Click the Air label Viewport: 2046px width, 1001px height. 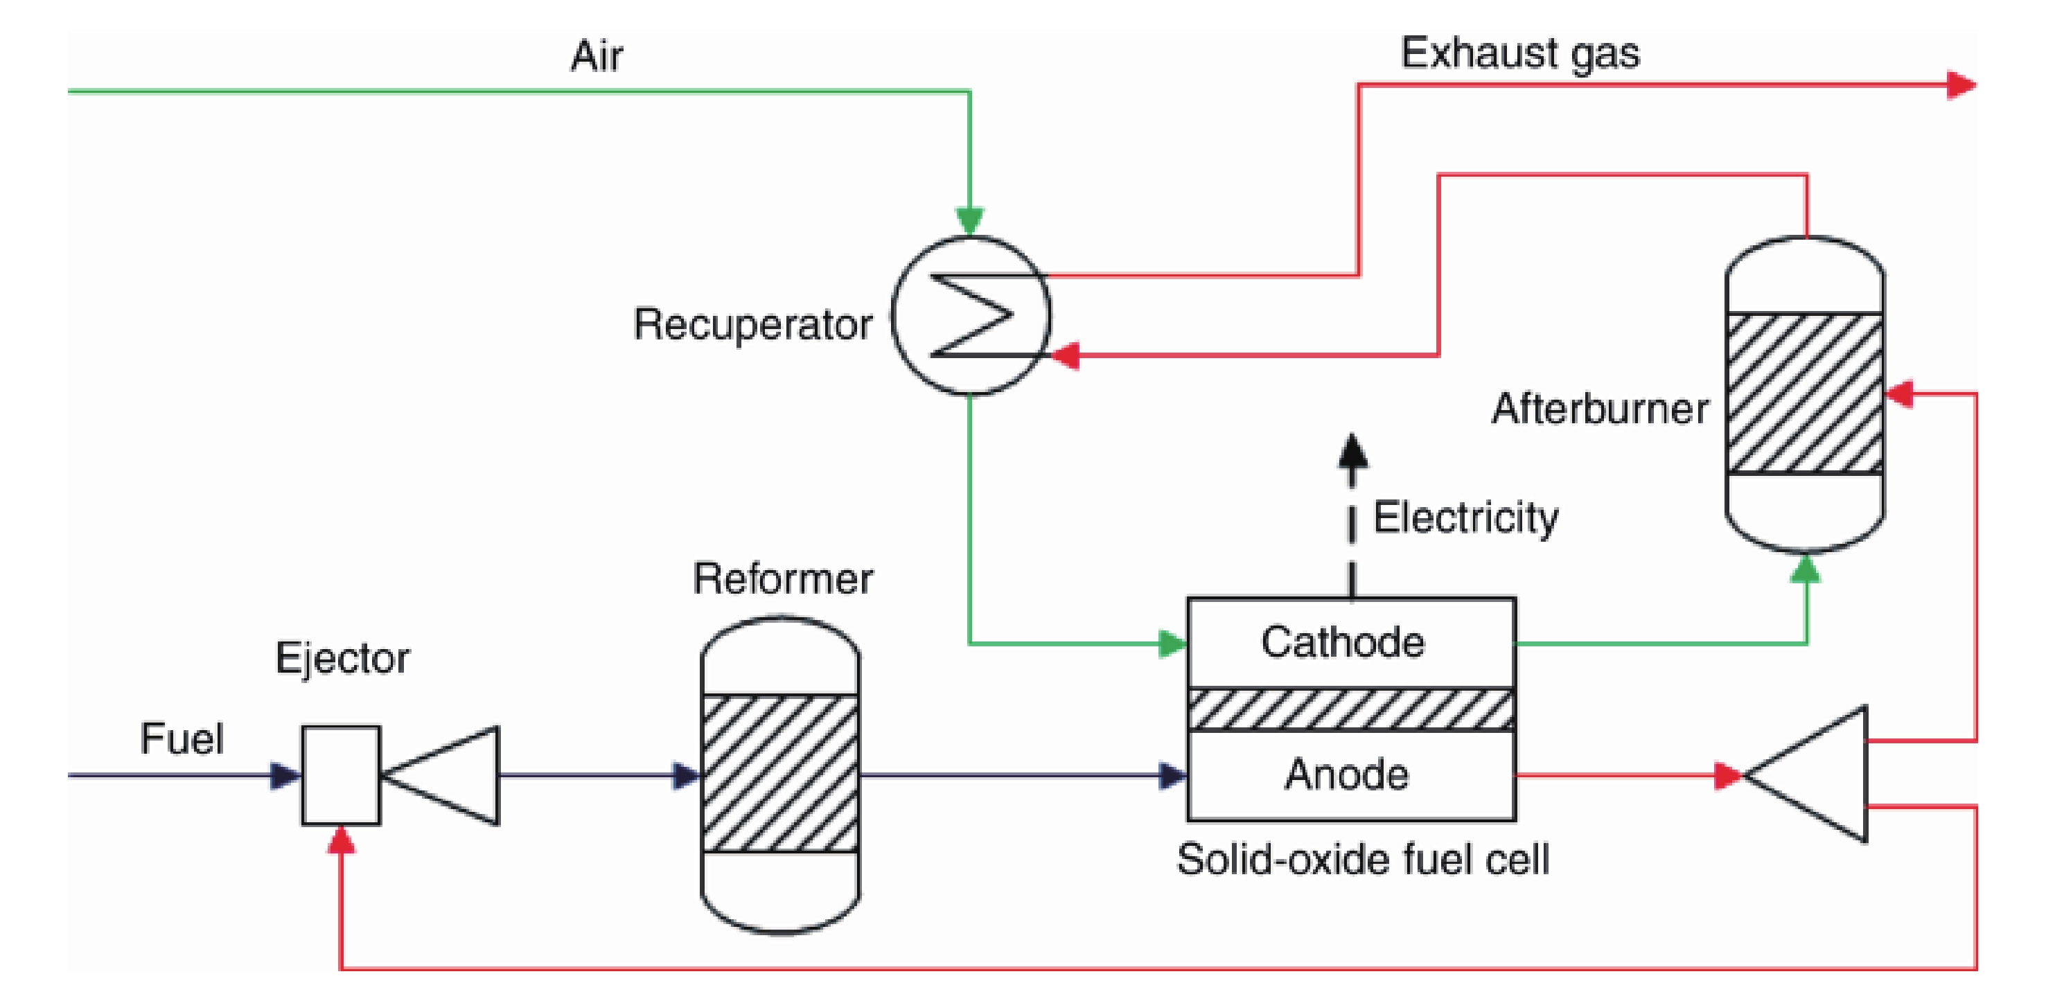(597, 56)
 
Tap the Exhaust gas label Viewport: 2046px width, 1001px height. (1519, 54)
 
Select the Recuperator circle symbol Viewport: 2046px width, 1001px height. (970, 315)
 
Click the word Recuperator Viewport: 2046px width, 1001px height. (752, 325)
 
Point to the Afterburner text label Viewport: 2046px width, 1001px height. (1600, 409)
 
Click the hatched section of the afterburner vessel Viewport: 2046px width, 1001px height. (1805, 393)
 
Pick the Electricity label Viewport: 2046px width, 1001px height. (1465, 518)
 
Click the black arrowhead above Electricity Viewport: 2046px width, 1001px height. (1352, 451)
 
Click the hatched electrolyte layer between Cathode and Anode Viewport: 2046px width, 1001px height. (1350, 709)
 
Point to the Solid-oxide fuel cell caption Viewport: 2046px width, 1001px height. (1362, 860)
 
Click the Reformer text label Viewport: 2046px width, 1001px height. (782, 578)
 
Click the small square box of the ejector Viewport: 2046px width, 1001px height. (341, 776)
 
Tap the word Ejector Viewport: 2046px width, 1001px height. (342, 658)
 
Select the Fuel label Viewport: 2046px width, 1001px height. (182, 739)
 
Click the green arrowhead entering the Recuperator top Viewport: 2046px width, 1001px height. (970, 219)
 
